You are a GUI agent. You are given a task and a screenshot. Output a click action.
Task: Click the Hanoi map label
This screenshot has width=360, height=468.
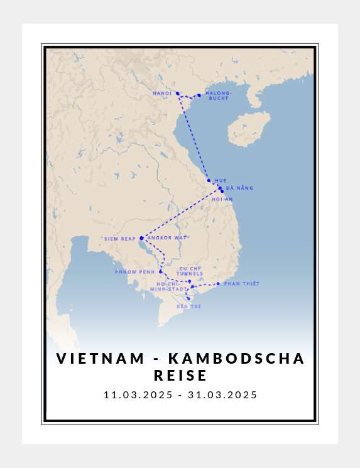click(x=162, y=94)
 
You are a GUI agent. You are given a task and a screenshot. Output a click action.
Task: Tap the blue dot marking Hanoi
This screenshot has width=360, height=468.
click(x=177, y=94)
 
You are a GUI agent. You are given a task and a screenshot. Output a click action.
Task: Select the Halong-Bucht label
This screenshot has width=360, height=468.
click(x=219, y=95)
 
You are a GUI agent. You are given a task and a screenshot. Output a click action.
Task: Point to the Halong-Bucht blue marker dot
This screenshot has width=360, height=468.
click(x=199, y=95)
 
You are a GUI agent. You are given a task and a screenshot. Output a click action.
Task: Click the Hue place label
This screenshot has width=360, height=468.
click(x=220, y=180)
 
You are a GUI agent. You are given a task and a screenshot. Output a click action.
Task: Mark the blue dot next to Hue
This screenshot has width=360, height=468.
click(x=209, y=181)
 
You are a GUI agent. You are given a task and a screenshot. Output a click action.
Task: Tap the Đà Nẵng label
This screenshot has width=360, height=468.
click(x=239, y=188)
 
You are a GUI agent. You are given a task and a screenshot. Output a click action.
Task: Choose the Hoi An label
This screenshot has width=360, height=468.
click(x=222, y=199)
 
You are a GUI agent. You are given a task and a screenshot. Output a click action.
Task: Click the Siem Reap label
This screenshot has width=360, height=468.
click(x=119, y=239)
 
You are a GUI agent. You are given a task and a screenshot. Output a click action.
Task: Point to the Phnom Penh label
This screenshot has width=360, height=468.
click(x=134, y=272)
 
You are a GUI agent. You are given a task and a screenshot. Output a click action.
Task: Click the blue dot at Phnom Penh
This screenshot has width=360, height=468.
click(x=161, y=272)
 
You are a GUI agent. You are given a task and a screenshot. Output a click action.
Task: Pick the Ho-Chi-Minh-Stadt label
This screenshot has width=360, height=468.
click(x=172, y=286)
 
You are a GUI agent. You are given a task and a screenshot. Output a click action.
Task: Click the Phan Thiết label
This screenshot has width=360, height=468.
click(x=241, y=284)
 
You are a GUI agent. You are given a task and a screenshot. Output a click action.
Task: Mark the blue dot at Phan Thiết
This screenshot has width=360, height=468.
click(x=218, y=284)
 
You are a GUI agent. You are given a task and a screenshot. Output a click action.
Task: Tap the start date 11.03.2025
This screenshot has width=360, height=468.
click(x=138, y=395)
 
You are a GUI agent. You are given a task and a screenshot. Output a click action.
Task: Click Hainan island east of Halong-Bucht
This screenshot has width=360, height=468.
click(x=248, y=129)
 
